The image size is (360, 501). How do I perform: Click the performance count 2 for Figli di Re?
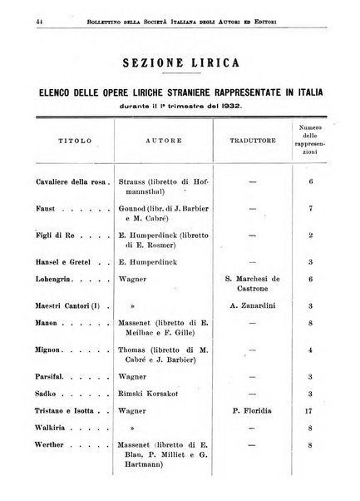click(309, 236)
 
